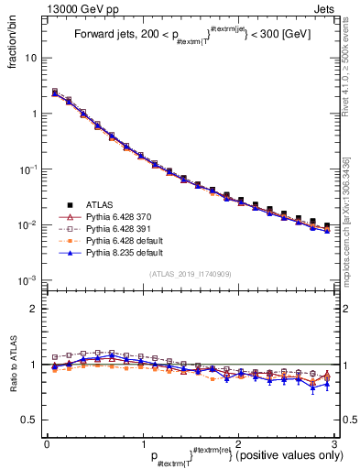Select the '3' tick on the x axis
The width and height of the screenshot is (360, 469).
pos(334,442)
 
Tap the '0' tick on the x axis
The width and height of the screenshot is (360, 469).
pos(47,442)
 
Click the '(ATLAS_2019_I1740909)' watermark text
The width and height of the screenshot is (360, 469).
pos(191,274)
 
